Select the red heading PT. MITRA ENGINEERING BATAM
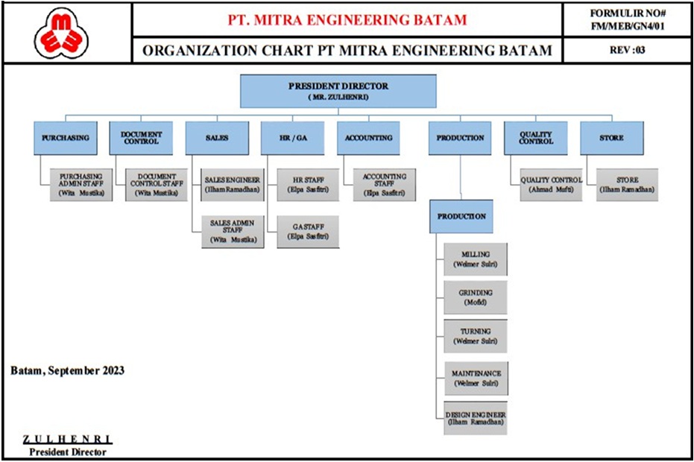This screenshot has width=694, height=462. pyautogui.click(x=347, y=19)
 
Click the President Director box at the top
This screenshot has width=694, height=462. pyautogui.click(x=338, y=91)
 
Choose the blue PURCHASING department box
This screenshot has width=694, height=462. pyautogui.click(x=66, y=138)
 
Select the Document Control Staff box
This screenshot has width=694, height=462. pyautogui.click(x=156, y=185)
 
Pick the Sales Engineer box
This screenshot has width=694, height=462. pyautogui.click(x=232, y=185)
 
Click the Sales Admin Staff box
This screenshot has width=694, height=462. pyautogui.click(x=232, y=230)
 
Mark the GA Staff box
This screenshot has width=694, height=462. pyautogui.click(x=308, y=230)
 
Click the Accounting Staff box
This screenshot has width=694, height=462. pyautogui.click(x=384, y=185)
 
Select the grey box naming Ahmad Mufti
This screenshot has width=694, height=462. pyautogui.click(x=551, y=185)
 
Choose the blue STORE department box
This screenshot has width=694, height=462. pyautogui.click(x=611, y=138)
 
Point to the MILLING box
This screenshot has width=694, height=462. pyautogui.click(x=476, y=259)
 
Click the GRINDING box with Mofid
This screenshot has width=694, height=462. pyautogui.click(x=476, y=297)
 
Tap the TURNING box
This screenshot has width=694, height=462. pyautogui.click(x=476, y=335)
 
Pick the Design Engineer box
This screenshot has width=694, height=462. pyautogui.click(x=476, y=419)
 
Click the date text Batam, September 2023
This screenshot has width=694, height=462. pyautogui.click(x=68, y=370)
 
